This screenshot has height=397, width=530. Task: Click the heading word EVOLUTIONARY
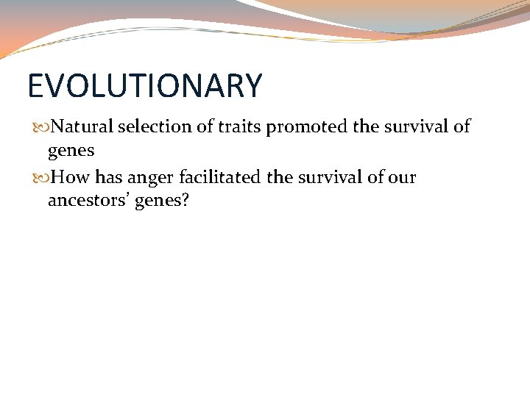(x=144, y=86)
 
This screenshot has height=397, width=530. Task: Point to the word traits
(x=236, y=126)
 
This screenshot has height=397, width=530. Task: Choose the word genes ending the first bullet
(x=71, y=151)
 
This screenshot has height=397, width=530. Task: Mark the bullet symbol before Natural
(x=41, y=127)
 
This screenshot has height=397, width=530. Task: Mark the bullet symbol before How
(x=41, y=178)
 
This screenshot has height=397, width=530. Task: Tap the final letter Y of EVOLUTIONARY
(x=252, y=86)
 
